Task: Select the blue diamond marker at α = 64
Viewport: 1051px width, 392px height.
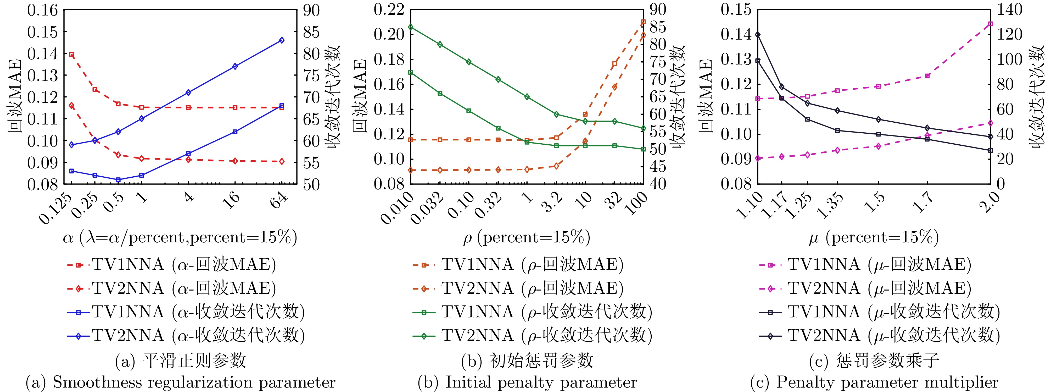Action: [282, 40]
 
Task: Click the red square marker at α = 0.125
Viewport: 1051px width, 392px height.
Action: [71, 54]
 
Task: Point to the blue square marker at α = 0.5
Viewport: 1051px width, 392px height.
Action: [118, 180]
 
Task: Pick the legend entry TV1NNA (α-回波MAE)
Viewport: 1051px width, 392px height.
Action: [171, 265]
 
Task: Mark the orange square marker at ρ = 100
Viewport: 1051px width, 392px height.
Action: [644, 22]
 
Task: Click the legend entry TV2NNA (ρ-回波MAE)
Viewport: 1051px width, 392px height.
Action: [518, 288]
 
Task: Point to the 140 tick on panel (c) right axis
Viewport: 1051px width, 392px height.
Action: [1010, 10]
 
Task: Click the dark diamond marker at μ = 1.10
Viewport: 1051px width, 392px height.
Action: [758, 35]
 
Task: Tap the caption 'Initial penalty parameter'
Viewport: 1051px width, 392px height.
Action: [527, 383]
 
